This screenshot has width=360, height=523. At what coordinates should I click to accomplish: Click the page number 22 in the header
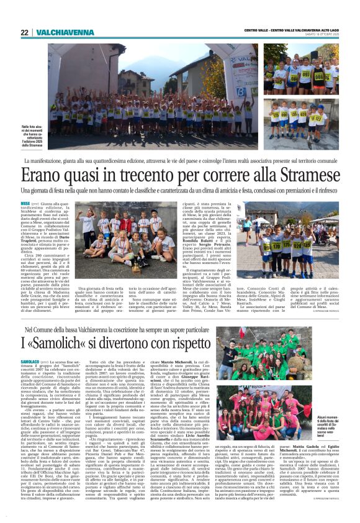24,32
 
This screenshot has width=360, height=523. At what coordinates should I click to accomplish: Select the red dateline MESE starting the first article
42,203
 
